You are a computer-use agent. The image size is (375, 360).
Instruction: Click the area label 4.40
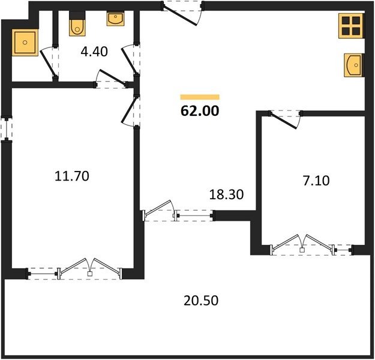click(x=94, y=52)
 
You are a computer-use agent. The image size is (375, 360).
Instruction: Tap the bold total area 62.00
click(x=200, y=111)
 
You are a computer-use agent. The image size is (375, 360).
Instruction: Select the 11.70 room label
click(x=72, y=176)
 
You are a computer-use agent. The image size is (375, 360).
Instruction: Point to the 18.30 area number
click(x=226, y=194)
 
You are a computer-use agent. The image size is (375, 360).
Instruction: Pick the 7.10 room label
click(x=316, y=181)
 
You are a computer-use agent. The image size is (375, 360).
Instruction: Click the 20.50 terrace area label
click(x=201, y=301)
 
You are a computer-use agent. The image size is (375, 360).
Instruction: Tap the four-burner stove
click(x=351, y=26)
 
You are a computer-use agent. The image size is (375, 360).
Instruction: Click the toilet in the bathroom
click(x=77, y=24)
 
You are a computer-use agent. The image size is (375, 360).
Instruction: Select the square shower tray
click(x=25, y=43)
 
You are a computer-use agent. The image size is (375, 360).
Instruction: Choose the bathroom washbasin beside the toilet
click(x=116, y=19)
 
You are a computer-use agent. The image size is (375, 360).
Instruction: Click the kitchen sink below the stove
click(x=354, y=65)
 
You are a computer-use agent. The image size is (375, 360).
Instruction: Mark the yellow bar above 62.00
click(x=200, y=97)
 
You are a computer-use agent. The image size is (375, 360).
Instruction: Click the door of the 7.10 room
click(x=285, y=119)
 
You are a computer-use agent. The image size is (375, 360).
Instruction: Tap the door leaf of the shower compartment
click(x=48, y=63)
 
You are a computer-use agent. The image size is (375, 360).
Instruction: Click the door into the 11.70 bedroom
click(x=130, y=110)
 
